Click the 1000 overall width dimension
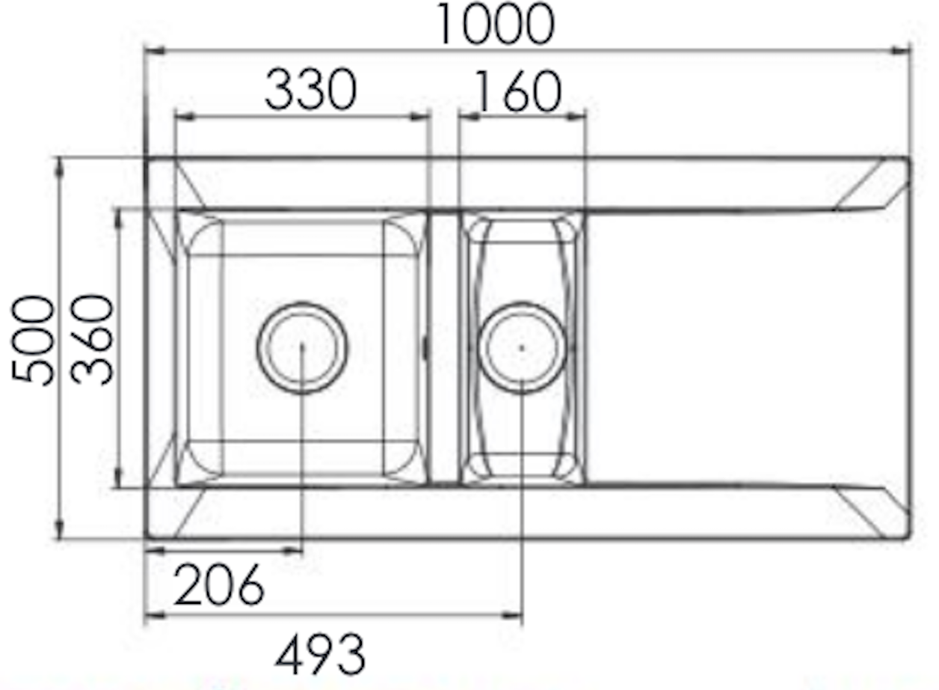pos(495,24)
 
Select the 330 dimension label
pos(310,90)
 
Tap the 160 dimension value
pos(517,92)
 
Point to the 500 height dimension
pos(34,341)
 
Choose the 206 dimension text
pos(219,584)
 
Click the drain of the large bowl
pos(302,346)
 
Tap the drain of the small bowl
pos(521,347)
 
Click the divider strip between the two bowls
pos(444,348)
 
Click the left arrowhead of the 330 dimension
pos(182,116)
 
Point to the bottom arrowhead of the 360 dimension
pos(118,480)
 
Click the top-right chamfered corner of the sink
pos(875,184)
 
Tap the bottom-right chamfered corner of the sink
pos(875,512)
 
